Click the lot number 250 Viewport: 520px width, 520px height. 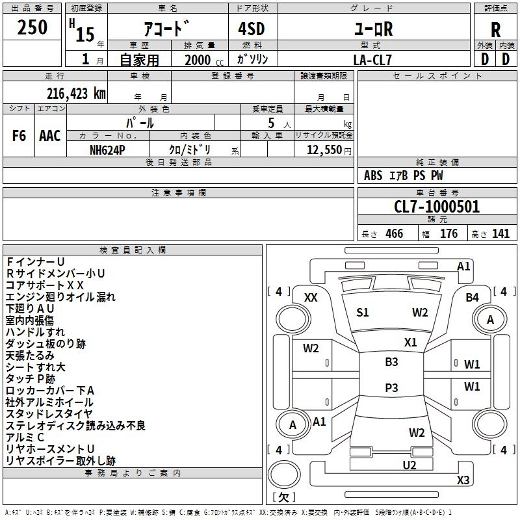pyautogui.click(x=32, y=27)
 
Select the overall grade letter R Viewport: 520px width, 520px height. pyautogui.click(x=495, y=29)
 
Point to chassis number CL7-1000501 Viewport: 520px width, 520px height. pyautogui.click(x=437, y=207)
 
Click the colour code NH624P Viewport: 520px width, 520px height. pyautogui.click(x=108, y=149)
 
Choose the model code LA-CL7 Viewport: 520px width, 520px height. pyautogui.click(x=373, y=59)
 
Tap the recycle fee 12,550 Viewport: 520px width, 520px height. pyautogui.click(x=324, y=149)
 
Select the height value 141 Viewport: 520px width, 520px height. pyautogui.click(x=500, y=234)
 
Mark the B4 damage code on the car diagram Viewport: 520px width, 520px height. pyautogui.click(x=473, y=298)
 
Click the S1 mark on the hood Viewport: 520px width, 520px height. pyautogui.click(x=363, y=313)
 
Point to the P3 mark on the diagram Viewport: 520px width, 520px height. pyautogui.click(x=391, y=387)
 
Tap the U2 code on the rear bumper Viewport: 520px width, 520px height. pyautogui.click(x=409, y=465)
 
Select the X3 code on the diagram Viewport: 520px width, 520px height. pyautogui.click(x=463, y=480)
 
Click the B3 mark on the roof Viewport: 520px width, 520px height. pyautogui.click(x=391, y=362)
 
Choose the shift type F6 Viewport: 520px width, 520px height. pyautogui.click(x=19, y=136)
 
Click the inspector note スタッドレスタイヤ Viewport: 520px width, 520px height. pyautogui.click(x=49, y=414)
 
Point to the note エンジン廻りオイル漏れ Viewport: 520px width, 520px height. pyautogui.click(x=60, y=297)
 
